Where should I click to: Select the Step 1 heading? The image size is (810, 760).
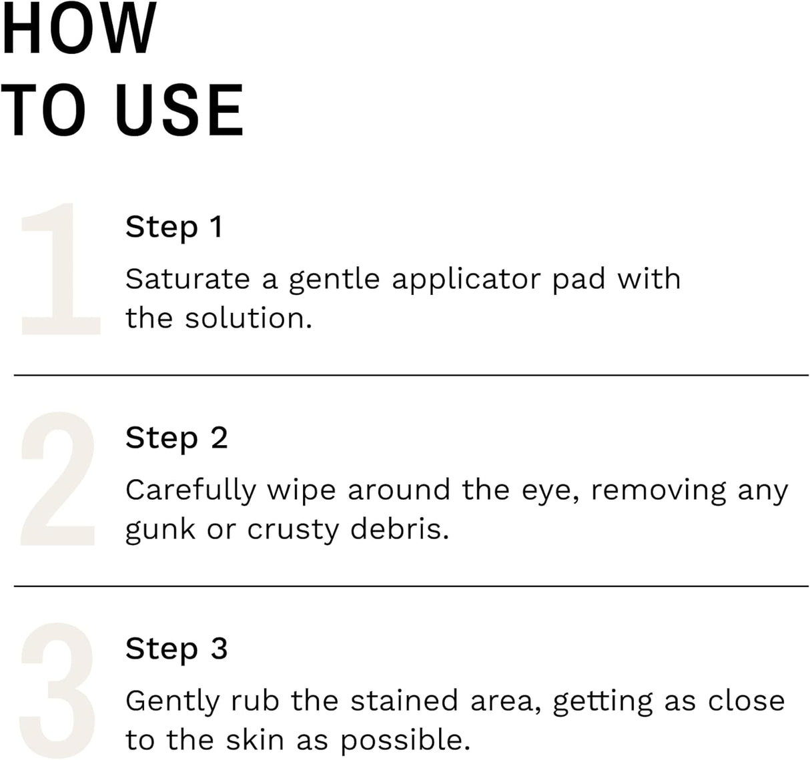coord(173,228)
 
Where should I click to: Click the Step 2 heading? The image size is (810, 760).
coord(176,438)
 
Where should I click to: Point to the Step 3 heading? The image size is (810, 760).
coord(176,649)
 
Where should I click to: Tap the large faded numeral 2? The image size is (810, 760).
coord(58,479)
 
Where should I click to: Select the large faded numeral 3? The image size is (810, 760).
coord(58,690)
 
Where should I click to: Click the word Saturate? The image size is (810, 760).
coord(187,280)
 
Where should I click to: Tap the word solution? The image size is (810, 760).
coord(248,318)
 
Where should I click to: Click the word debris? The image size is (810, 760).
coord(399,529)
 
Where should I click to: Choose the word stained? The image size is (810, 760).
coord(404,701)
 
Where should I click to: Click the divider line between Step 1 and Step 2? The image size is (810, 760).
coord(411,376)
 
